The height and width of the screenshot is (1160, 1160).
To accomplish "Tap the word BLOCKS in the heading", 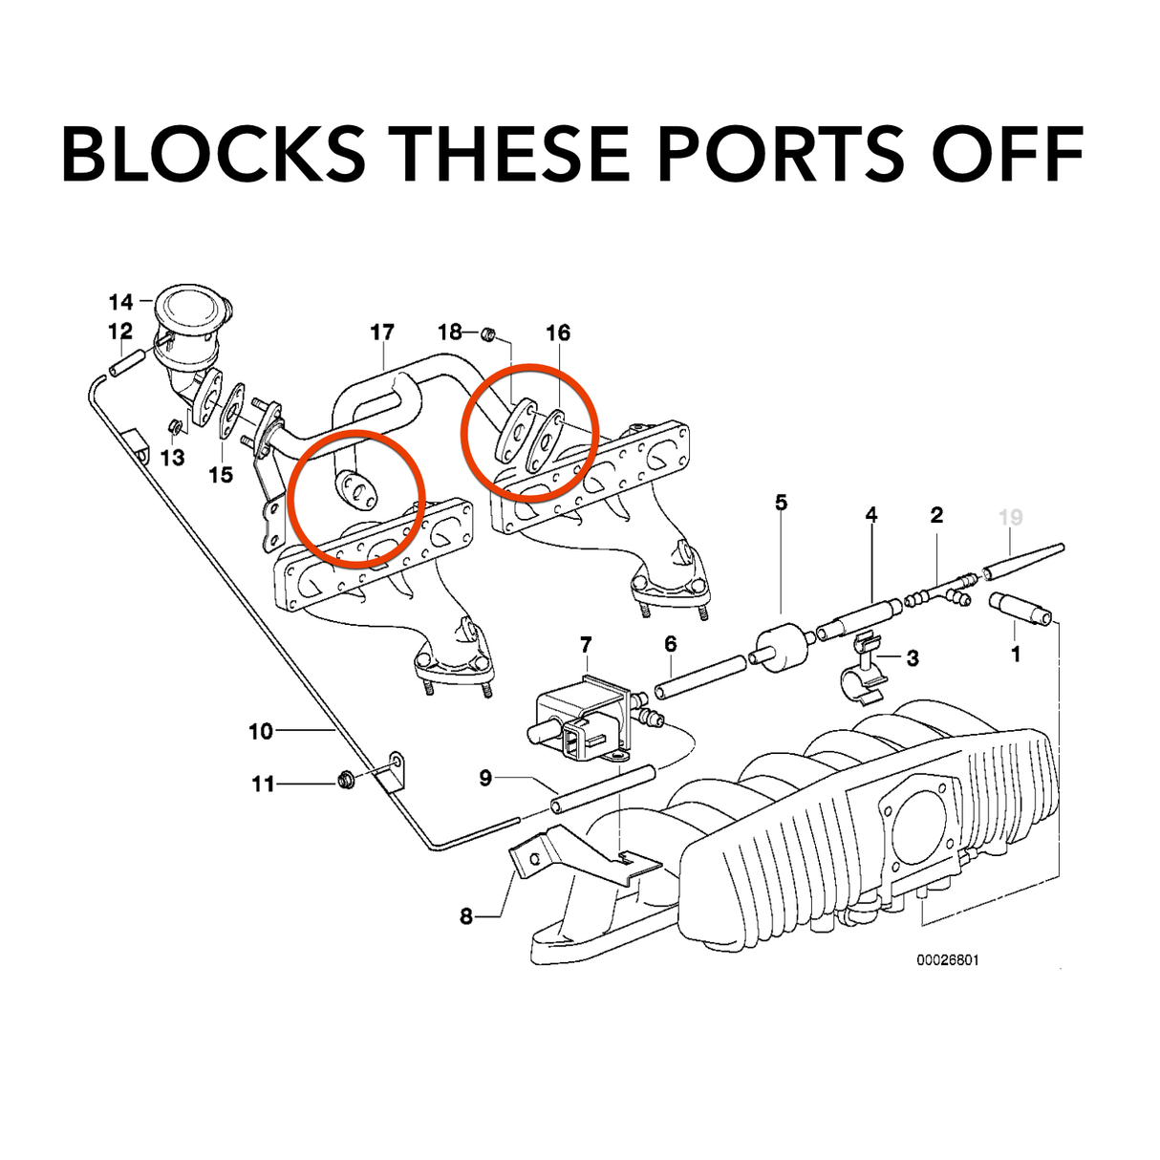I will pos(212,153).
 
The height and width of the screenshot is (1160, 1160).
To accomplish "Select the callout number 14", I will pos(120,303).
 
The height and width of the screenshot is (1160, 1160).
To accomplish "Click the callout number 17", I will pos(381,333).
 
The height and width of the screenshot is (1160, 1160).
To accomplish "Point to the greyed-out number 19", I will pos(1010,517).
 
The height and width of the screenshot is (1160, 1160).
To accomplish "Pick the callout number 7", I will pos(585,647).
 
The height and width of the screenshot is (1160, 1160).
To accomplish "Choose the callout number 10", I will pos(261,731).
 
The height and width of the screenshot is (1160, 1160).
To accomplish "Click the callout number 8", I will pos(466,916).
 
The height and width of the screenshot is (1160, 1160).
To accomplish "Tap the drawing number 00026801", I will pos(947,959).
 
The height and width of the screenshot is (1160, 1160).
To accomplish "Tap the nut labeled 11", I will pos(346,783).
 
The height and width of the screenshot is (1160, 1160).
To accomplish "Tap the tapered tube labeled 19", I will pos(1022,561).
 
